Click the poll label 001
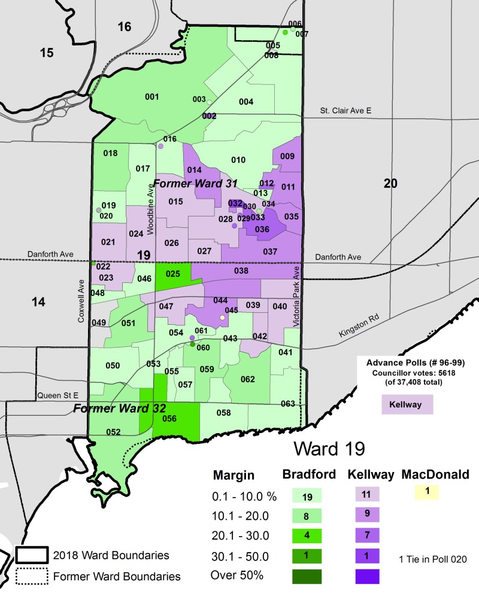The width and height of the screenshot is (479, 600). (x=152, y=97)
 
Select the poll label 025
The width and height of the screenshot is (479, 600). (x=173, y=274)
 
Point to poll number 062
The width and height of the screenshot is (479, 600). (x=247, y=379)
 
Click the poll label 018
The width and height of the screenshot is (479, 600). (x=110, y=154)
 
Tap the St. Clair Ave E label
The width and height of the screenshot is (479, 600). (x=345, y=111)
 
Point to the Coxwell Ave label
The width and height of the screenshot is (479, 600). (x=81, y=302)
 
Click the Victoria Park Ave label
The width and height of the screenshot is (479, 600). (x=296, y=297)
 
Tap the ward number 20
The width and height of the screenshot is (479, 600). (x=390, y=184)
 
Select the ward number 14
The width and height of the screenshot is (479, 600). (x=38, y=302)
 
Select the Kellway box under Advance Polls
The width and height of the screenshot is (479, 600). (x=407, y=405)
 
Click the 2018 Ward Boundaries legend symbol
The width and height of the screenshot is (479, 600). (x=31, y=556)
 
